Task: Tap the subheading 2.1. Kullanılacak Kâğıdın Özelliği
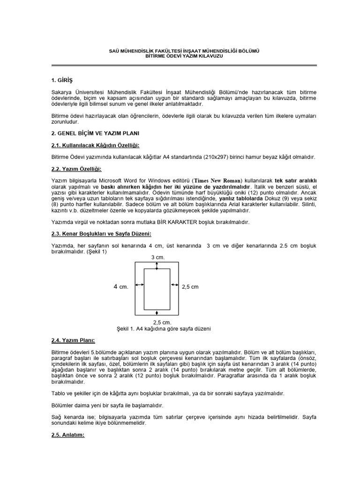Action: coord(96,145)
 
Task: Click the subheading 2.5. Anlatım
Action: coord(67,435)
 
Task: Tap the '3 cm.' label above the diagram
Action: coord(157,258)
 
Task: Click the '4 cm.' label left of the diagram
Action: coord(120,286)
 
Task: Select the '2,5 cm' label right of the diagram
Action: coord(190,286)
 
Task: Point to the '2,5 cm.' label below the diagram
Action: coord(162,322)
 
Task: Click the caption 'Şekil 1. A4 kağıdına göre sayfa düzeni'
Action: coord(163,329)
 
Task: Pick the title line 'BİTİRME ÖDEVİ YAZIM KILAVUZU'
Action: coord(180,56)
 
